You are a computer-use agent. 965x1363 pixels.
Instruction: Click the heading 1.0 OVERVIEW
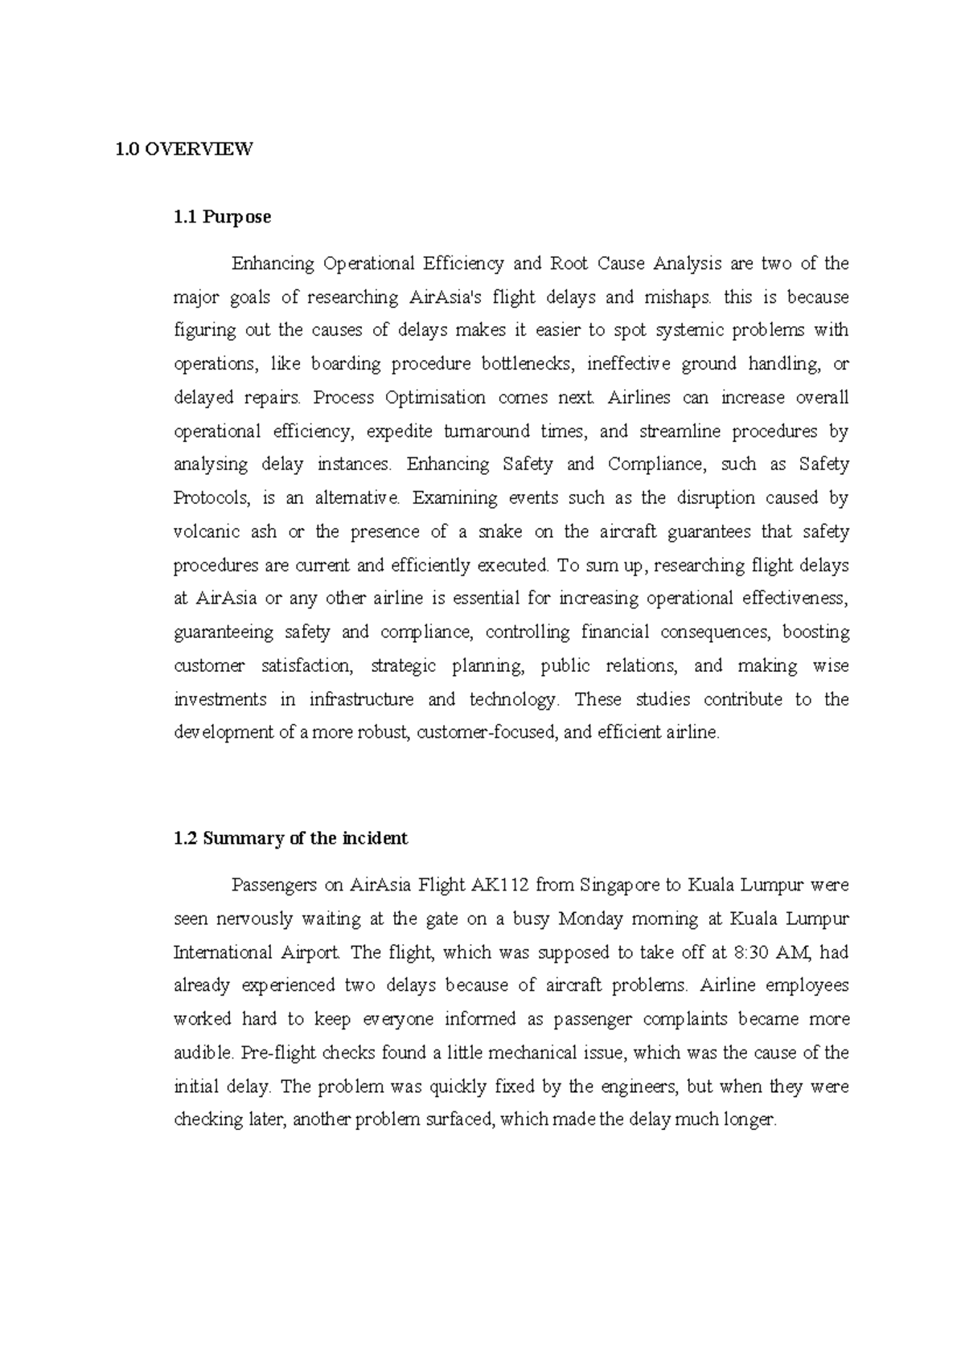[184, 149]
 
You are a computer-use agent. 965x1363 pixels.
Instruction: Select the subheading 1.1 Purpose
[222, 216]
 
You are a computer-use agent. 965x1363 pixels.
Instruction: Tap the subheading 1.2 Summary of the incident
[290, 838]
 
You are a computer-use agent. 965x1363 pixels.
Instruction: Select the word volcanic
[204, 531]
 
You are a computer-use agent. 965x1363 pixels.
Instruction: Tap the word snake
[499, 531]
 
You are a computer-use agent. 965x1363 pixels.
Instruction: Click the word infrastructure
[361, 699]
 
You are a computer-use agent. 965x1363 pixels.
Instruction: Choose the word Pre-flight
[249, 1053]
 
